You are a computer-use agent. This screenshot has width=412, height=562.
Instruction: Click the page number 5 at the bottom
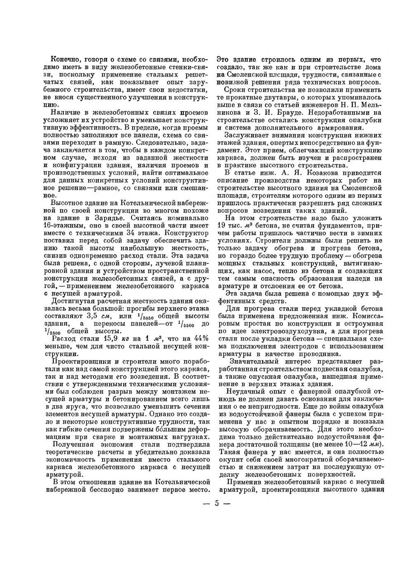(216, 504)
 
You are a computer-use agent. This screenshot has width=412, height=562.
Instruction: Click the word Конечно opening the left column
(64, 59)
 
